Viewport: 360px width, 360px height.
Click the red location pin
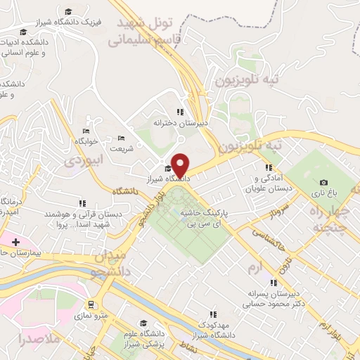tap(181, 165)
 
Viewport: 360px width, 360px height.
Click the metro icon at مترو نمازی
tap(91, 304)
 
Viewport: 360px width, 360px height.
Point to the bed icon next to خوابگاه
tap(86, 131)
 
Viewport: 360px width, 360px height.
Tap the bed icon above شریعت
tap(121, 138)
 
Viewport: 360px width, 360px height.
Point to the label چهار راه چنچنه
tap(329, 219)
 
